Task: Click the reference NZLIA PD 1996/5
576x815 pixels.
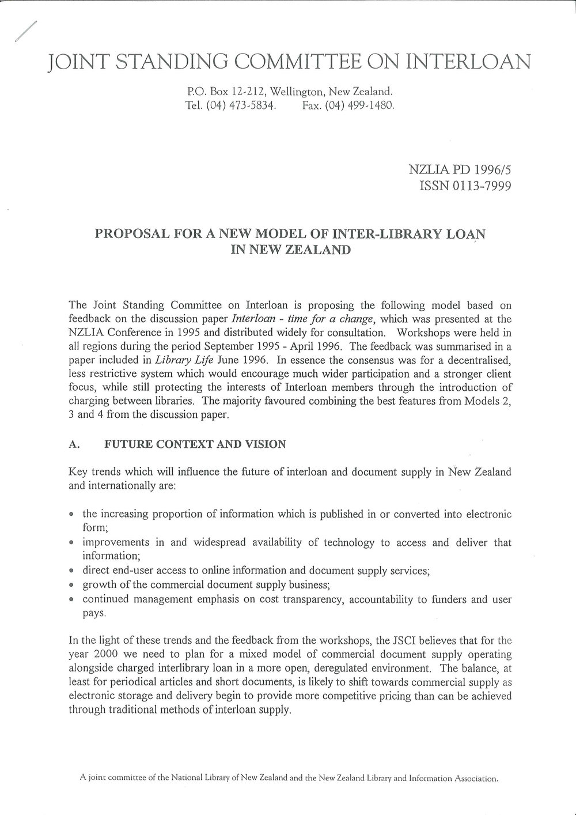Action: point(458,171)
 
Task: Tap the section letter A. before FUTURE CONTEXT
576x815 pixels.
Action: point(73,444)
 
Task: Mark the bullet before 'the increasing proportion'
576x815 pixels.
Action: point(71,515)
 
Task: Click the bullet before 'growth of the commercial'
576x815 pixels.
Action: point(71,586)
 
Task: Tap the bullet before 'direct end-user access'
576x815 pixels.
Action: point(71,572)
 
